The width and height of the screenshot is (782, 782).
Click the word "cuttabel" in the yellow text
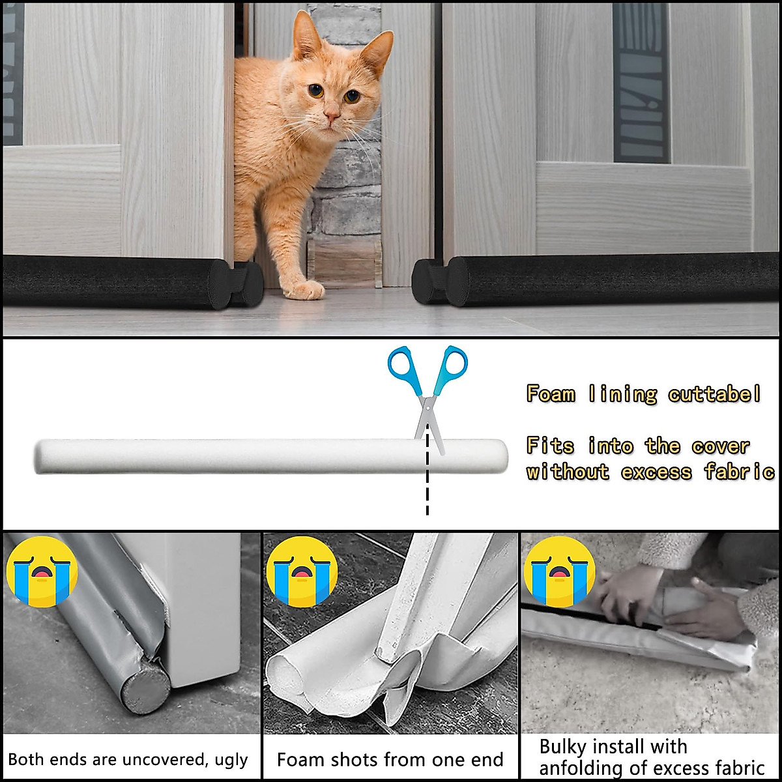[714, 394]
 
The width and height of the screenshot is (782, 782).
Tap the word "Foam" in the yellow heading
[551, 394]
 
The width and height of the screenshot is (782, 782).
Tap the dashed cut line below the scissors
[427, 482]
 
